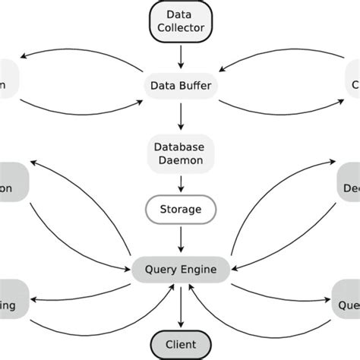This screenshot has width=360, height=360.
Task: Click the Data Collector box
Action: click(x=181, y=21)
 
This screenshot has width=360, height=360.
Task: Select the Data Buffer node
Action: click(x=181, y=87)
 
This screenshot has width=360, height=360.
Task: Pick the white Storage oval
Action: click(x=181, y=210)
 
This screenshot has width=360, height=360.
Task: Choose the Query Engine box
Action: click(x=181, y=268)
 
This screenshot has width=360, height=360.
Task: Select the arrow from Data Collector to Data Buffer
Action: click(x=181, y=55)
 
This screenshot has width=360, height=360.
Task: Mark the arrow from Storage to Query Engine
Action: click(x=181, y=239)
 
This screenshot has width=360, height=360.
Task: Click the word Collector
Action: click(x=181, y=29)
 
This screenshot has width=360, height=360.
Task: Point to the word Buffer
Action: click(x=196, y=87)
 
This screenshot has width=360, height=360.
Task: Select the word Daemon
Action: click(x=181, y=159)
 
